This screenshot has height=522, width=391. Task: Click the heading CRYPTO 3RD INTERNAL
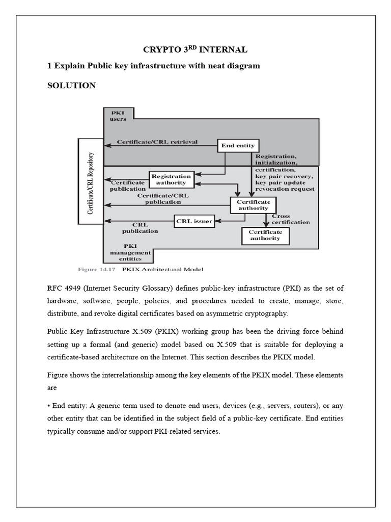point(195,49)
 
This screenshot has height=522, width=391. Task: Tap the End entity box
point(238,145)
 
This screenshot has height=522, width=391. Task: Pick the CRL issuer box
point(193,221)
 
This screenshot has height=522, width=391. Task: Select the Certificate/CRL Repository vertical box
point(90,181)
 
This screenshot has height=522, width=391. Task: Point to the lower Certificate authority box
point(264,235)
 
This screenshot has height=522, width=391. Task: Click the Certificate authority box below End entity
point(253,205)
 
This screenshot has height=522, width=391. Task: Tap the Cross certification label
point(290,219)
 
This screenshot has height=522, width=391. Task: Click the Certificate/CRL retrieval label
point(157,142)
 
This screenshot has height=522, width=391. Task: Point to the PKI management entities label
point(130,252)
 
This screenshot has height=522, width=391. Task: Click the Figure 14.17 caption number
point(96,269)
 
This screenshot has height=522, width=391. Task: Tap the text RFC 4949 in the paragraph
point(65,289)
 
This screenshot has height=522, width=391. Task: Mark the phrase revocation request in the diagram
point(285,189)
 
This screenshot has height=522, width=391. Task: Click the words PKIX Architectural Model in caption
point(161,269)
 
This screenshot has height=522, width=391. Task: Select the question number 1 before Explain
point(49,66)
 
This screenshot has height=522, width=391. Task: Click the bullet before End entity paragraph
point(49,406)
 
